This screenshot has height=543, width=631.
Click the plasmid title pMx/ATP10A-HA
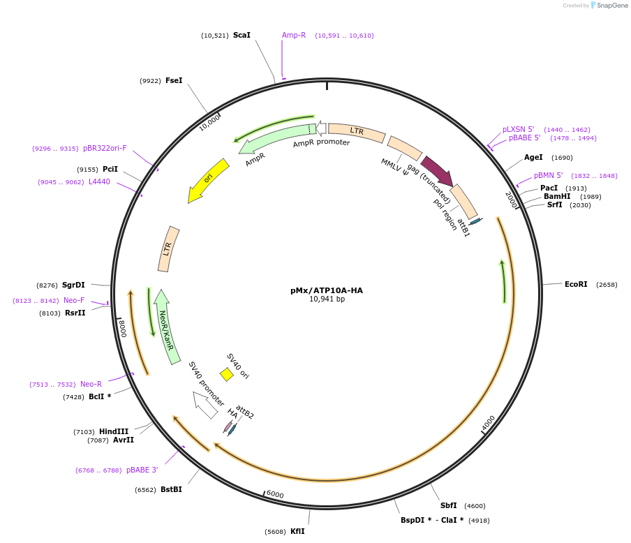(x=327, y=290)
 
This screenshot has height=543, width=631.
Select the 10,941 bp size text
(x=327, y=299)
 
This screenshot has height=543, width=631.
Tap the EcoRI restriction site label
(x=576, y=284)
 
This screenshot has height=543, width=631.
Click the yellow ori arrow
(x=209, y=179)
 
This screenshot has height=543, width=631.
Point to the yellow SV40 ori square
(x=227, y=375)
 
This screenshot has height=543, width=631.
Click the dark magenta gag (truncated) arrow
(x=437, y=171)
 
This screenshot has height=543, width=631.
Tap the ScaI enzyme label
(x=242, y=35)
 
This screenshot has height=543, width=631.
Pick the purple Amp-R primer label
(x=294, y=35)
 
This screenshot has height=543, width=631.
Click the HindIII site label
(x=113, y=432)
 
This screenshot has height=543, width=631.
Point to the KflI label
(x=297, y=531)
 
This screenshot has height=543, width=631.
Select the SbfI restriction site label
(x=448, y=505)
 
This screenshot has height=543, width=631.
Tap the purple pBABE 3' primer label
(x=142, y=470)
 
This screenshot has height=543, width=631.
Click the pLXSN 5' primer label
(x=518, y=129)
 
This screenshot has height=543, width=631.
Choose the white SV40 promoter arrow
(x=205, y=404)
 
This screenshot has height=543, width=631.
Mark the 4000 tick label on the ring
(x=488, y=423)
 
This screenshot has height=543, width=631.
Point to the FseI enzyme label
(x=174, y=80)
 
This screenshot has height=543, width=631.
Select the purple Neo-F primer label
(x=74, y=300)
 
